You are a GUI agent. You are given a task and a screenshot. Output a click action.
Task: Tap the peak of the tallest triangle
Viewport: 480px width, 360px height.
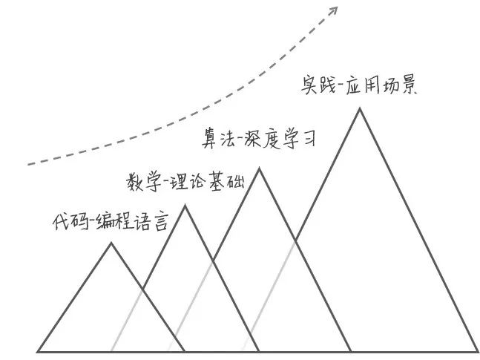tap(361, 108)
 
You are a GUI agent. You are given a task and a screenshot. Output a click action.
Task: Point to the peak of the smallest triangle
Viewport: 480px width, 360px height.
tap(111, 243)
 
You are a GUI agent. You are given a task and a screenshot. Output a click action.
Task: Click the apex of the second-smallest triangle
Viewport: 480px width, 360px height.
tap(185, 206)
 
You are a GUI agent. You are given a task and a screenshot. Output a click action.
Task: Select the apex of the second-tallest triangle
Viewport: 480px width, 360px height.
tap(259, 168)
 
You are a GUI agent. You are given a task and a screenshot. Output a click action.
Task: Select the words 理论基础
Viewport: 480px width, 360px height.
tap(203, 182)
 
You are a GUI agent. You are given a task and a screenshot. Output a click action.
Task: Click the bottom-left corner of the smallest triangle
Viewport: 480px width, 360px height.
tap(38, 350)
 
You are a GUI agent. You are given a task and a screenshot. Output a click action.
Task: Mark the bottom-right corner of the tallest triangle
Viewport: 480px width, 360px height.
tap(478, 350)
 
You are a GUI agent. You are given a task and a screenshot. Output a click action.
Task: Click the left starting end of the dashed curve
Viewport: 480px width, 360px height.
tap(28, 163)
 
